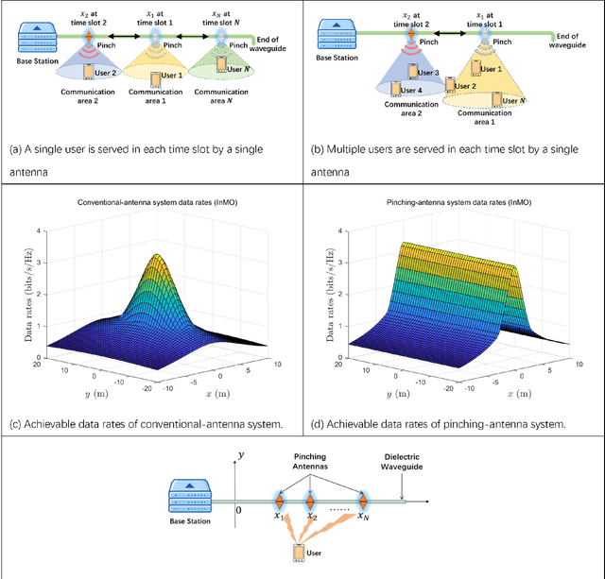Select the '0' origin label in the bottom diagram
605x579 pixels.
pos(237,510)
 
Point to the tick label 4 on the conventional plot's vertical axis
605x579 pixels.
pos(37,230)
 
